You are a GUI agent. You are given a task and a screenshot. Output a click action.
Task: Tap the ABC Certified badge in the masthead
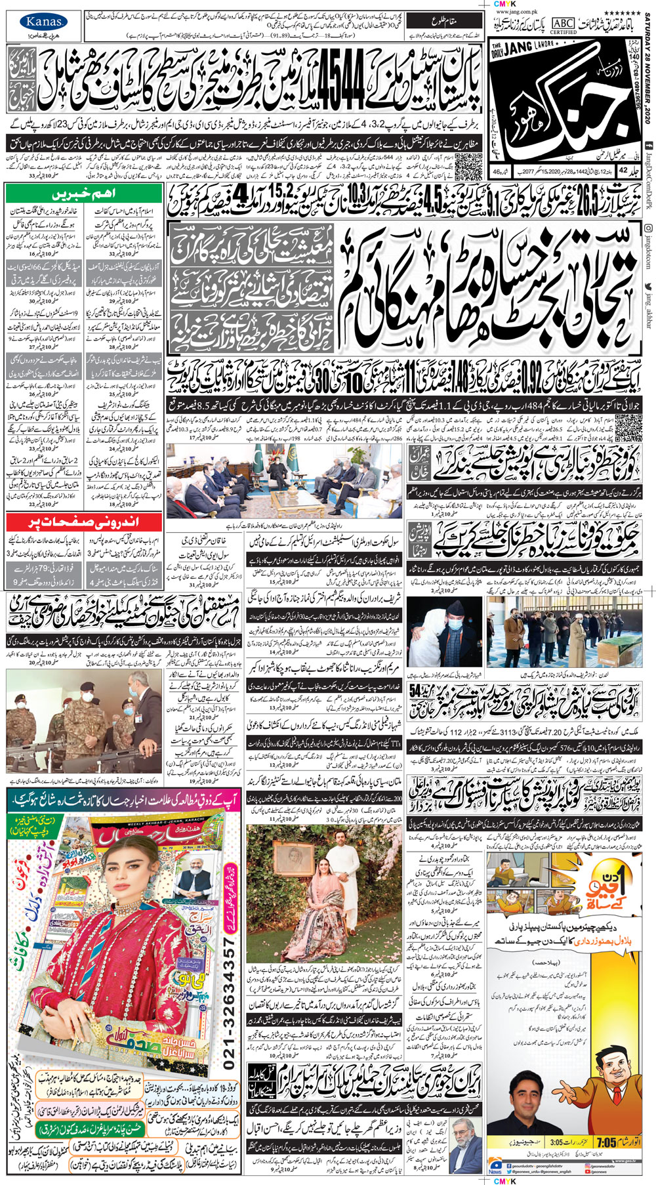(x=564, y=26)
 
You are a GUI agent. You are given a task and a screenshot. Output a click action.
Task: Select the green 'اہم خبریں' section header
(x=83, y=195)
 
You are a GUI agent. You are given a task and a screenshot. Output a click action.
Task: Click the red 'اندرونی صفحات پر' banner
(x=83, y=522)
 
